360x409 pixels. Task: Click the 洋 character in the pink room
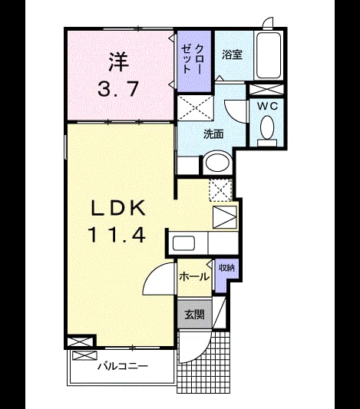tap(119, 62)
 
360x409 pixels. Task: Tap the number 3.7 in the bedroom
tap(118, 89)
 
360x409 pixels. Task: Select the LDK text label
tap(118, 208)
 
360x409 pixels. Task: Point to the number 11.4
tap(117, 235)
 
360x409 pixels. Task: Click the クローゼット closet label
tap(193, 59)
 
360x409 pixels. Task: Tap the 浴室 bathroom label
tap(232, 54)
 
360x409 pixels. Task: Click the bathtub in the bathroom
tap(269, 55)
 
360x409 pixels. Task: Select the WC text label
tap(267, 106)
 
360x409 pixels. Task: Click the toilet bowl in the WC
tap(267, 127)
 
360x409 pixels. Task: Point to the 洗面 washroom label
tap(213, 134)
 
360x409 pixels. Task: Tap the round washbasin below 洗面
tap(218, 163)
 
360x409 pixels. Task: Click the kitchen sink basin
tap(184, 243)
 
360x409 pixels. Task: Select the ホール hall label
tap(194, 276)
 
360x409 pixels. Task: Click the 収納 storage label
tap(226, 268)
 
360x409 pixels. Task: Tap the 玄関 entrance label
tap(194, 315)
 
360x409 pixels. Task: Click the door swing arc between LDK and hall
tap(154, 275)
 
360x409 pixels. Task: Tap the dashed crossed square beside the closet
tap(196, 108)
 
